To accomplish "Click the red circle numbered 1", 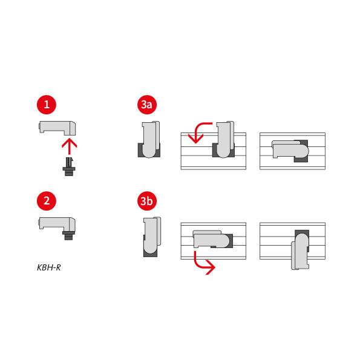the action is point(47,105).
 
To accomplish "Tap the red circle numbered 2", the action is point(47,201).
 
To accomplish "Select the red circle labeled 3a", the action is point(147,105).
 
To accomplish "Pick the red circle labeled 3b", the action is point(147,201).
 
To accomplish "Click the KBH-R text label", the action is point(49,267).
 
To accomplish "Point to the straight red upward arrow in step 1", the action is point(69,146).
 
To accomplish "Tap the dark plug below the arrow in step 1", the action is point(69,167).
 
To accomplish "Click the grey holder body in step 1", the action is point(57,128).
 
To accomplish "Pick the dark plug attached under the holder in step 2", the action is point(68,235).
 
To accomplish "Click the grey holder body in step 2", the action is point(57,224).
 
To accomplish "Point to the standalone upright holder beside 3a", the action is point(150,139).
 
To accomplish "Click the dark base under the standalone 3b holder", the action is point(150,253).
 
